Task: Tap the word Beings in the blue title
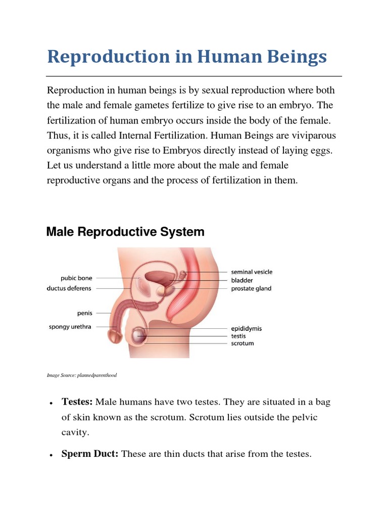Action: click(298, 57)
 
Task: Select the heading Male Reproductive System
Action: click(125, 232)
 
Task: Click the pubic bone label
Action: click(76, 278)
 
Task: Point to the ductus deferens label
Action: click(70, 288)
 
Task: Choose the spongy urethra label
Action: click(70, 327)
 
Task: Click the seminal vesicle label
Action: click(252, 272)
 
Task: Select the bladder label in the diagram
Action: click(242, 280)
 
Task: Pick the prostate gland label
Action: click(251, 289)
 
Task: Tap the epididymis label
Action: click(247, 328)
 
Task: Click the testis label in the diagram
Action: click(239, 336)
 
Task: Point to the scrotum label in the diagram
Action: click(243, 343)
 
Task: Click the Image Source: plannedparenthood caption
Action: click(81, 375)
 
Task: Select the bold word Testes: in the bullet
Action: click(77, 402)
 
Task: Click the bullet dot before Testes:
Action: click(52, 403)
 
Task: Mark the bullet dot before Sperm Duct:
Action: click(52, 455)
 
